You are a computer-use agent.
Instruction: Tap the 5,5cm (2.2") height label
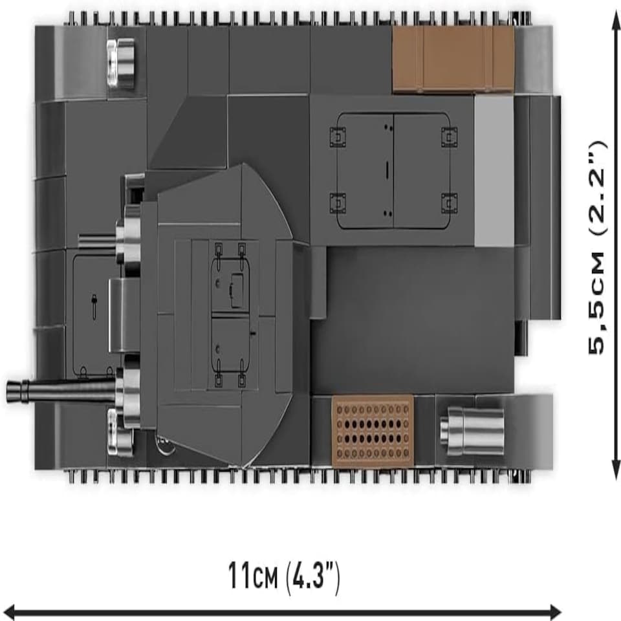click(x=598, y=248)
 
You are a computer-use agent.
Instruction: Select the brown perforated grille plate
click(x=373, y=431)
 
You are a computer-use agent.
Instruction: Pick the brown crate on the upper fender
click(x=453, y=60)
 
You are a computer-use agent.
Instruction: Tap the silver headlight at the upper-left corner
click(x=121, y=63)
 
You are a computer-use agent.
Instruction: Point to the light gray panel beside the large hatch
click(x=494, y=171)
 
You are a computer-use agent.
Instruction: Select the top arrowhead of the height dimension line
click(x=615, y=15)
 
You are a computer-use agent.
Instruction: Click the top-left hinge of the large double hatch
click(x=338, y=137)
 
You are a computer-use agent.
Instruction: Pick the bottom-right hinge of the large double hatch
click(x=450, y=203)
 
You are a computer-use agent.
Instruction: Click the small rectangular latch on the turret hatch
click(x=237, y=290)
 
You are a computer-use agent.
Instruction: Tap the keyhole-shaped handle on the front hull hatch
click(x=94, y=306)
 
